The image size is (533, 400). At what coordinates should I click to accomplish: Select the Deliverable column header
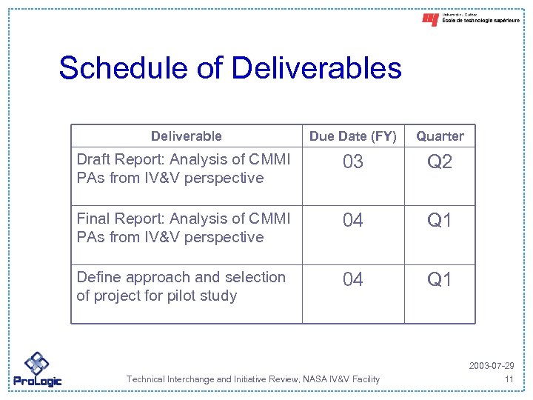186,136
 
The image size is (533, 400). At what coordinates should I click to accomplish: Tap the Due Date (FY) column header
353,136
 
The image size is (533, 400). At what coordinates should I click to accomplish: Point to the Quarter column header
440,136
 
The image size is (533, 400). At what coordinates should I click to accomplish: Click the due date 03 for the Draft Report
353,162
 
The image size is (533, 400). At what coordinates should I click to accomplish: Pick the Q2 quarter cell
440,162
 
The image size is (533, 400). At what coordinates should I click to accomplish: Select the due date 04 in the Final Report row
353,220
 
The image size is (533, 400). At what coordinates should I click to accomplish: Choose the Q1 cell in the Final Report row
440,220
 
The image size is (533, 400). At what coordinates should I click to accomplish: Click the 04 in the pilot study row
353,279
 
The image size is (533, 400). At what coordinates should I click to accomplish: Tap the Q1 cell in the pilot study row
440,279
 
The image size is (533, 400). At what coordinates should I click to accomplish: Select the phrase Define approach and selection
181,277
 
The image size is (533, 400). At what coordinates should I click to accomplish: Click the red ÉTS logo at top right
430,20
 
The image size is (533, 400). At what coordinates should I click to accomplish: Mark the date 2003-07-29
491,367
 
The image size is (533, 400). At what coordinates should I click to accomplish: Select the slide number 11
509,379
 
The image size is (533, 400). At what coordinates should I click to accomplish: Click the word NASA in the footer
304,379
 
